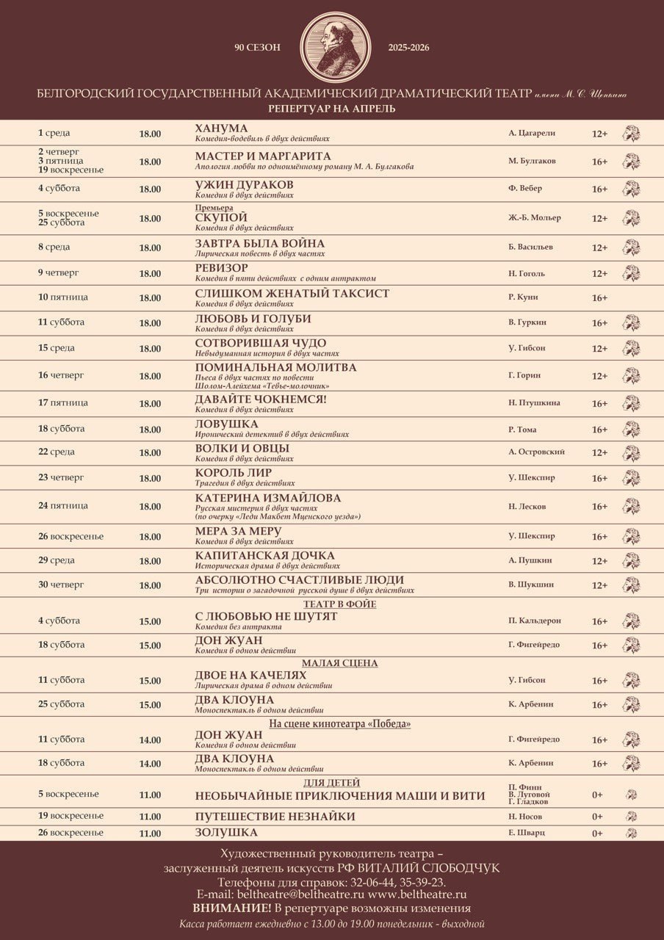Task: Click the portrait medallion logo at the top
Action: pyautogui.click(x=332, y=46)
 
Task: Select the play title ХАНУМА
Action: pyautogui.click(x=221, y=129)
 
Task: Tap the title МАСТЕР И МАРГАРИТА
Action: pyautogui.click(x=263, y=156)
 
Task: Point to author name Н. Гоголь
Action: pyautogui.click(x=527, y=273)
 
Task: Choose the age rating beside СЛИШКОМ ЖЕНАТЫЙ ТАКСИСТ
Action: pyautogui.click(x=599, y=298)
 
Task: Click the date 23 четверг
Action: pyautogui.click(x=61, y=477)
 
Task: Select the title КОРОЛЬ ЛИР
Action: pyautogui.click(x=233, y=473)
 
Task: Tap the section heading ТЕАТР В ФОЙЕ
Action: pyautogui.click(x=339, y=604)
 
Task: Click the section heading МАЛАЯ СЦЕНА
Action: pyautogui.click(x=339, y=663)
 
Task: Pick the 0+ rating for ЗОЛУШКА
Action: pyautogui.click(x=597, y=834)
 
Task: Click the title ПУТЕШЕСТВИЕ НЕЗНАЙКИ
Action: pyautogui.click(x=275, y=817)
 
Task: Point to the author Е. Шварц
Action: pyautogui.click(x=527, y=833)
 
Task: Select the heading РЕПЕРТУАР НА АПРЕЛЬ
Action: pyautogui.click(x=332, y=109)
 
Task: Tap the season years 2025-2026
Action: pyautogui.click(x=408, y=48)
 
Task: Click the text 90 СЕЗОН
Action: pyautogui.click(x=257, y=48)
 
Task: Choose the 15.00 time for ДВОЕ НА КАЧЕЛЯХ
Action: pyautogui.click(x=150, y=681)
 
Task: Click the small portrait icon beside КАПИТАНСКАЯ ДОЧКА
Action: pyautogui.click(x=630, y=561)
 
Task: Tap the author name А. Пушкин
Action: pyautogui.click(x=530, y=560)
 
